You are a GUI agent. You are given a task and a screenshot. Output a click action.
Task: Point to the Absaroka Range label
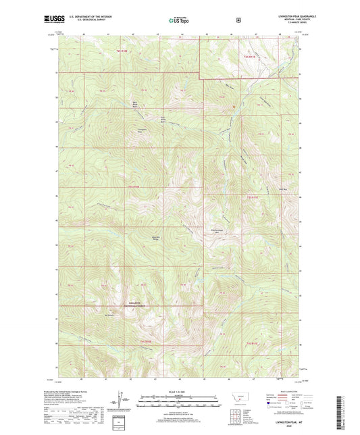(155, 238)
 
